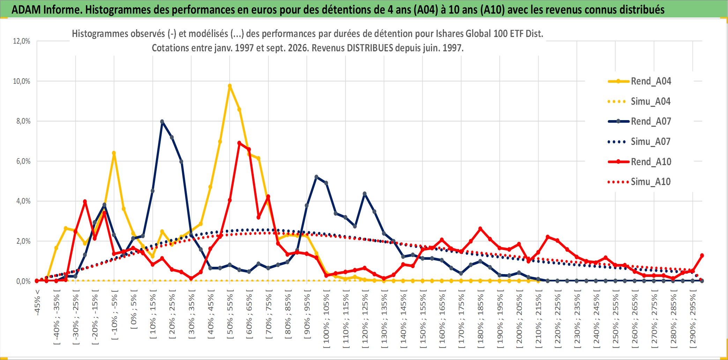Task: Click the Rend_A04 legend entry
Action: tap(639, 81)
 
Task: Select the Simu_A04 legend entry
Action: tap(639, 101)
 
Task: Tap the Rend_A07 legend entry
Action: tap(639, 121)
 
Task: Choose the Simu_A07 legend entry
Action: tap(639, 141)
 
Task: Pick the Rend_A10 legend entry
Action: tap(639, 162)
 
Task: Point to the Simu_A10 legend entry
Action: tap(639, 182)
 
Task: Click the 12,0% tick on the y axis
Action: tap(22, 41)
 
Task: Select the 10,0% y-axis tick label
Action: tap(22, 81)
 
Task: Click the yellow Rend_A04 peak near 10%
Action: tap(230, 86)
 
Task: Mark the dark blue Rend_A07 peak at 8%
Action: tap(162, 122)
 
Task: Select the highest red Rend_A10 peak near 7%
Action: tap(239, 143)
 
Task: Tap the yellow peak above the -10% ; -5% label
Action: tap(114, 153)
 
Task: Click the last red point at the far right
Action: tap(702, 255)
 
